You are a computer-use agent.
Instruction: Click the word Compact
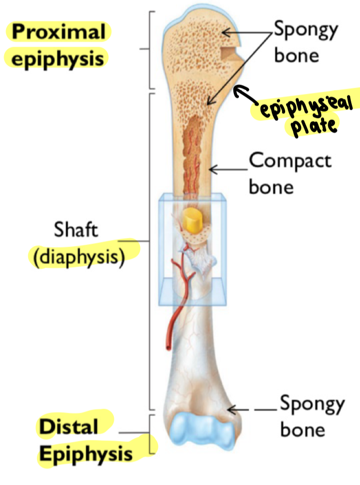[x=290, y=161]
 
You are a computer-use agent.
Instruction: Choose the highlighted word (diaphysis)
[x=79, y=255]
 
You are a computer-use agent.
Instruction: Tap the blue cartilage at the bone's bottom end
[x=201, y=431]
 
